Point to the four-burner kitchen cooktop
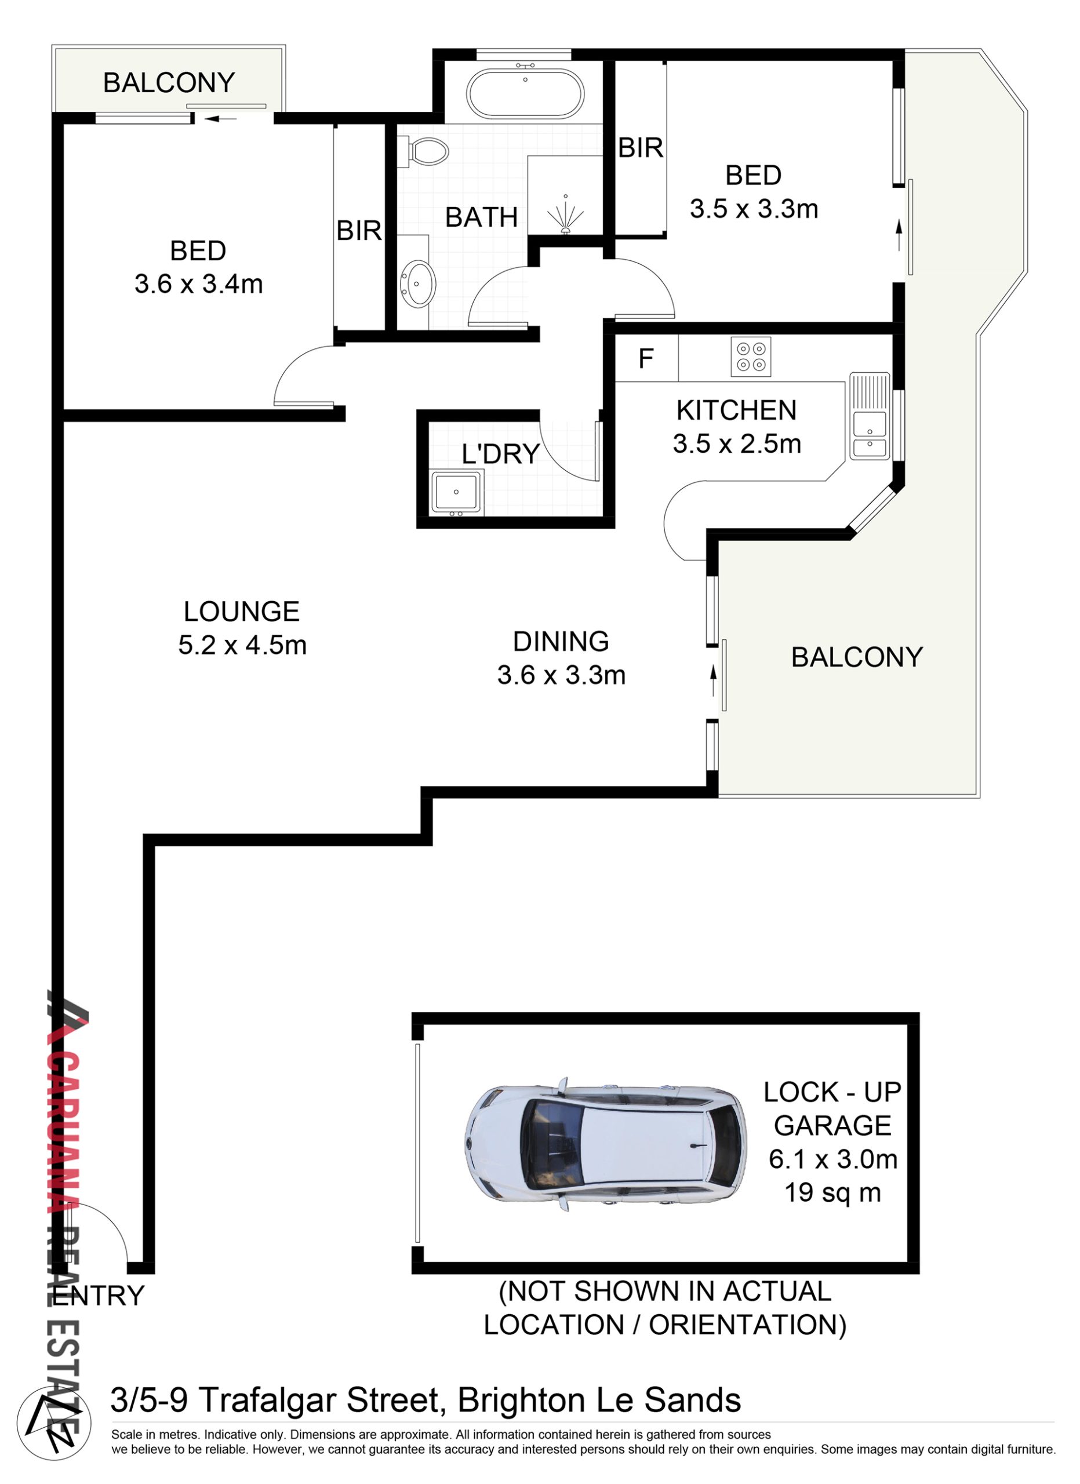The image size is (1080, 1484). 751,357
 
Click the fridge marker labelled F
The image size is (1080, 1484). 646,359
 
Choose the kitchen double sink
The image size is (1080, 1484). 870,416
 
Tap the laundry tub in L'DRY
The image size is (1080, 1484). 457,492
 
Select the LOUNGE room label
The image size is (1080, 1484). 241,612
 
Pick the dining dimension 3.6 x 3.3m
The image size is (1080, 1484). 561,675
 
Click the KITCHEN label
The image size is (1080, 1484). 737,410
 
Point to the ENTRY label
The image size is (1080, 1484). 98,1296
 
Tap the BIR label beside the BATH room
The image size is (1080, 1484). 358,230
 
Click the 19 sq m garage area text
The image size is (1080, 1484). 832,1192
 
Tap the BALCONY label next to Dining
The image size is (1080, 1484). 857,657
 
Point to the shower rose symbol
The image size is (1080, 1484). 565,214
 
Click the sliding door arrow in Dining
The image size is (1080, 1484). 714,681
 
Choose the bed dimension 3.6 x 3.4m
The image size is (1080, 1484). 199,284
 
